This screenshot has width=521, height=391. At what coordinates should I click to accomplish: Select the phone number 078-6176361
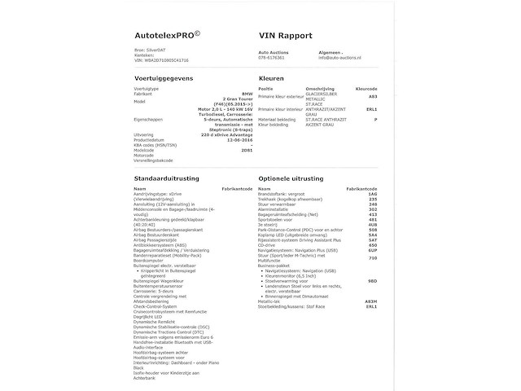pyautogui.click(x=271, y=58)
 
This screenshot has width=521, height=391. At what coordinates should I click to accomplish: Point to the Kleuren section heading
pyautogui.click(x=271, y=78)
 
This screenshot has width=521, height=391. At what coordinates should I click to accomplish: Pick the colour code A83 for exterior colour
pyautogui.click(x=372, y=96)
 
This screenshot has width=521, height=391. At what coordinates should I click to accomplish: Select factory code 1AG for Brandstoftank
pyautogui.click(x=373, y=194)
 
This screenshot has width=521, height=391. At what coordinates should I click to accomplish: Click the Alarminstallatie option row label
pyautogui.click(x=279, y=209)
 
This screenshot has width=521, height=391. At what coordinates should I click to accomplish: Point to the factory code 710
pyautogui.click(x=373, y=257)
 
